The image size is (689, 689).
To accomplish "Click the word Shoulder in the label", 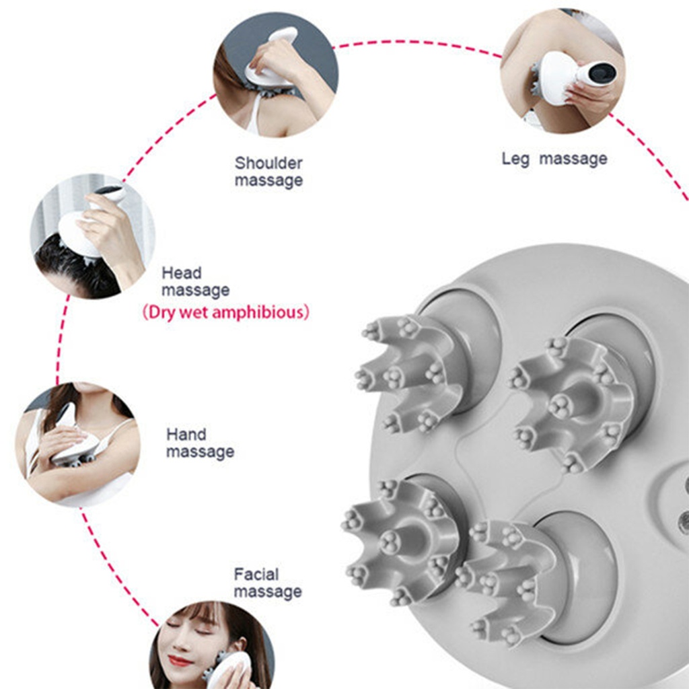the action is tap(268, 163).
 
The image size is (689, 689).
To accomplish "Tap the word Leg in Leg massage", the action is tap(515, 159).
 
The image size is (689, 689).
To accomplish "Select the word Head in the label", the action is tap(182, 273).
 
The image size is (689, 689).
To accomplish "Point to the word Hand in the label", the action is tap(186, 435).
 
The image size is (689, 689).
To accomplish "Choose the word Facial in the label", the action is tap(256, 575).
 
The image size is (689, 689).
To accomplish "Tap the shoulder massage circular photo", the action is tap(276, 75).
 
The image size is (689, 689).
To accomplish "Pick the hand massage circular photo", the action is tap(78, 445).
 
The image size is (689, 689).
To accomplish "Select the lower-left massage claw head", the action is tap(400, 540).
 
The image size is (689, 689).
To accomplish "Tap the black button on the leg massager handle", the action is tap(601, 72).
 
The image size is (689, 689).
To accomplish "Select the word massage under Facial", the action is tap(268, 592).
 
